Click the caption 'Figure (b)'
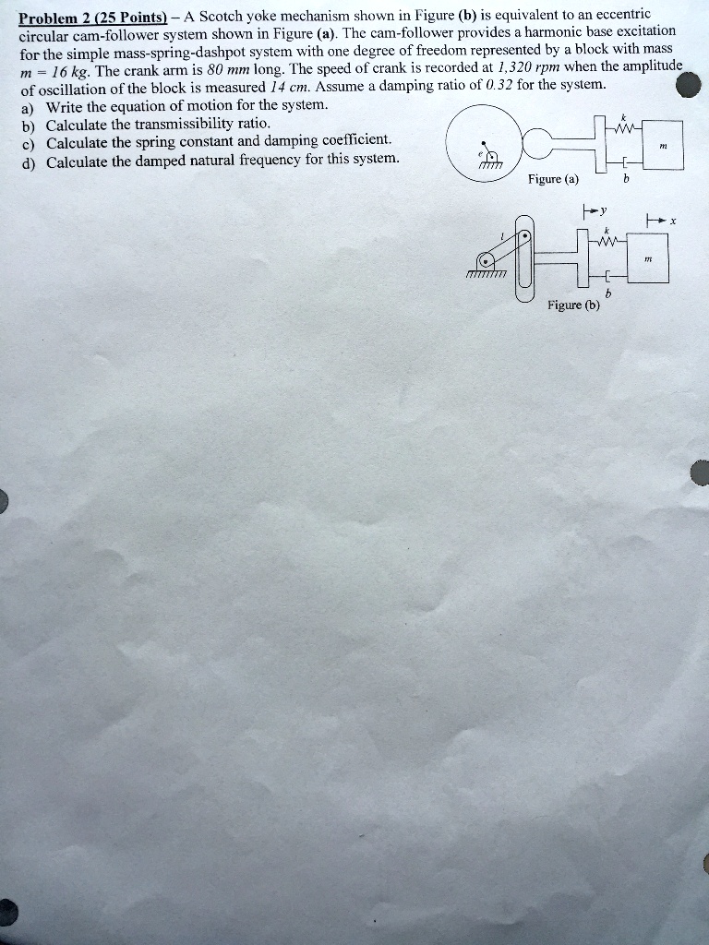(x=573, y=305)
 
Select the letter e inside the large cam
(x=481, y=152)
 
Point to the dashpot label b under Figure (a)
(x=626, y=180)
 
